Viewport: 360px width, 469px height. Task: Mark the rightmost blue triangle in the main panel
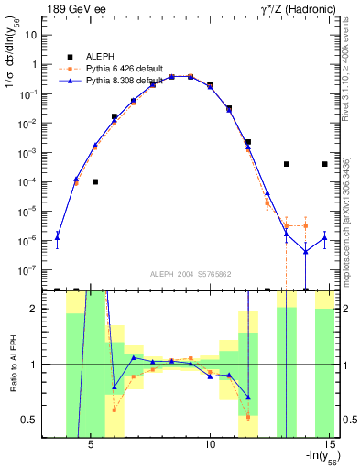(x=324, y=238)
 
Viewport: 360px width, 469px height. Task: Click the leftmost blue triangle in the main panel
(x=57, y=235)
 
